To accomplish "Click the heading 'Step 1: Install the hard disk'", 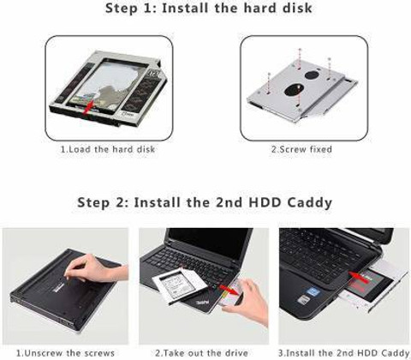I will pos(208,9).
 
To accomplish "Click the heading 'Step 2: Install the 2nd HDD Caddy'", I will pos(205,203).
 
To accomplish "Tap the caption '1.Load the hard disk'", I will pos(108,149).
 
